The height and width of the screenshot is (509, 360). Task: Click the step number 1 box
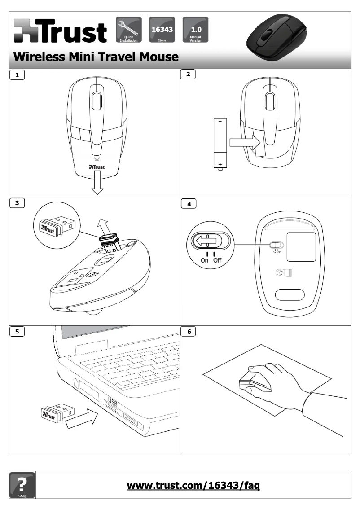pyautogui.click(x=17, y=75)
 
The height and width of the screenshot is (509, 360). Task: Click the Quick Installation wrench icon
pyautogui.click(x=129, y=29)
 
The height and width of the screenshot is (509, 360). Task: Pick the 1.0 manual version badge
pyautogui.click(x=196, y=29)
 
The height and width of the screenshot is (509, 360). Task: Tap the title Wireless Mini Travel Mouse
pyautogui.click(x=96, y=57)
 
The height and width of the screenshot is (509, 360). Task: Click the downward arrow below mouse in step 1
pyautogui.click(x=97, y=184)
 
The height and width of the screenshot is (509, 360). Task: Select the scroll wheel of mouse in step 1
pyautogui.click(x=97, y=101)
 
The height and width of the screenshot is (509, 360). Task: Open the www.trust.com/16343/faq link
pyautogui.click(x=193, y=485)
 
